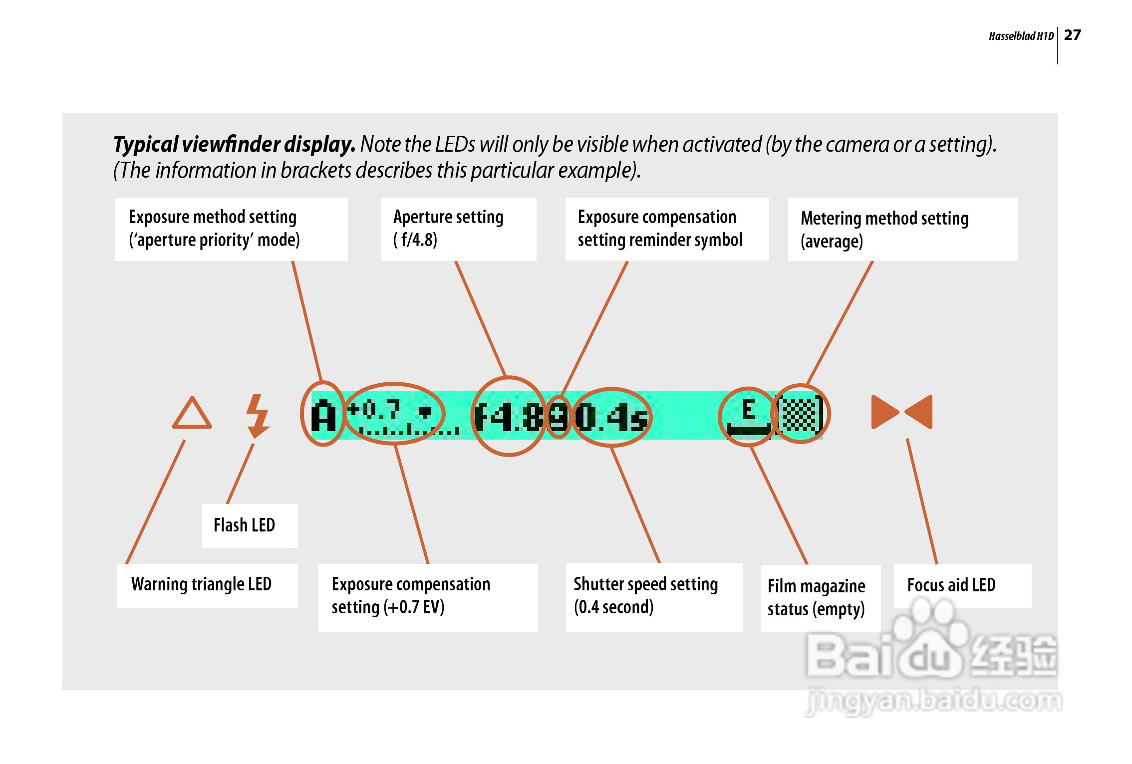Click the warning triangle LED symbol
(x=192, y=413)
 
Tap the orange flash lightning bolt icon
(x=258, y=416)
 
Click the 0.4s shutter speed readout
(x=611, y=417)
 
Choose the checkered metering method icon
(x=801, y=414)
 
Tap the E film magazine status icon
(x=748, y=417)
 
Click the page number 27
(x=1072, y=35)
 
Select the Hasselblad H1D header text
(x=1021, y=36)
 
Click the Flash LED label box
(x=250, y=525)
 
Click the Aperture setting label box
(x=458, y=229)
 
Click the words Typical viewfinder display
(x=234, y=144)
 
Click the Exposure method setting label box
(x=231, y=229)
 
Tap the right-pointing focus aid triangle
(x=885, y=412)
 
